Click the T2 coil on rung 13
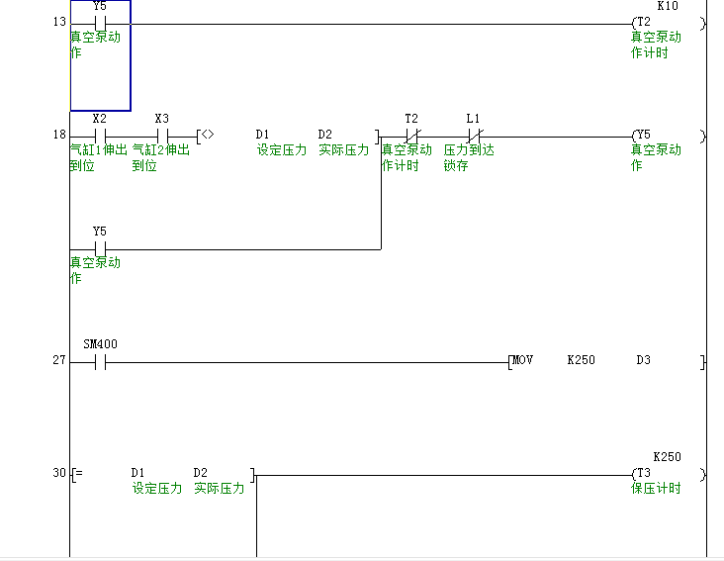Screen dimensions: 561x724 click(643, 22)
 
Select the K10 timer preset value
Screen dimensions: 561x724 click(668, 6)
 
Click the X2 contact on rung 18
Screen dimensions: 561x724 click(99, 135)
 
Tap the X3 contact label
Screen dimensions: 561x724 click(162, 119)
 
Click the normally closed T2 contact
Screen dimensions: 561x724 click(412, 135)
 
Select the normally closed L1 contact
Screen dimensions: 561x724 click(474, 135)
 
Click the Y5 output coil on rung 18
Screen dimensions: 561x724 click(643, 135)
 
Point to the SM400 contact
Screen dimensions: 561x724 click(99, 361)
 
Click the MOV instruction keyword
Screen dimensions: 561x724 click(522, 360)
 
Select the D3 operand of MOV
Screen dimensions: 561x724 click(643, 360)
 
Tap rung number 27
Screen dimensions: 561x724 click(58, 360)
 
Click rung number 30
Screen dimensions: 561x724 click(58, 473)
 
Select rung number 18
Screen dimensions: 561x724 click(58, 135)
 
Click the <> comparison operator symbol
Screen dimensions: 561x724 click(208, 135)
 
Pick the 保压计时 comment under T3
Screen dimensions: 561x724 click(656, 489)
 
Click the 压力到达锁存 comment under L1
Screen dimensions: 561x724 click(468, 157)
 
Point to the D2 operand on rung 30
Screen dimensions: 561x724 click(201, 473)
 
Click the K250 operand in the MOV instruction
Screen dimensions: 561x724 click(581, 360)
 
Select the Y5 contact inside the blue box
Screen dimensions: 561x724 click(99, 22)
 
